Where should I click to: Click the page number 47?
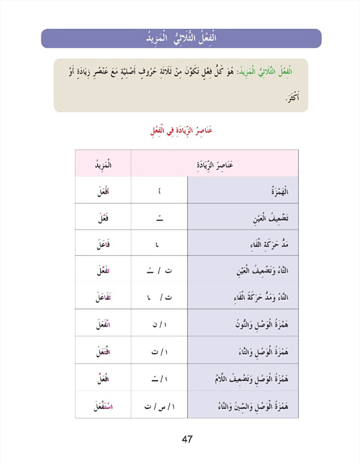187,439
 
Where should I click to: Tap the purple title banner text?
181,39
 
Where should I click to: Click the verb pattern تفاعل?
103,297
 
